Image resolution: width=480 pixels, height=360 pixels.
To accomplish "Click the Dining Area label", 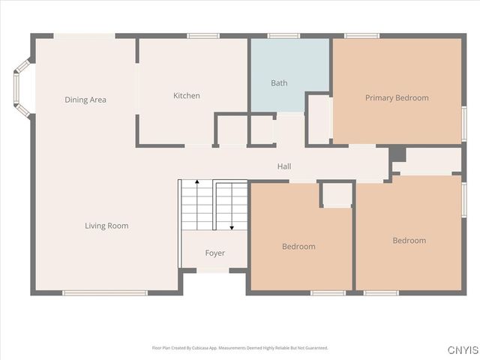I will pos(85,100).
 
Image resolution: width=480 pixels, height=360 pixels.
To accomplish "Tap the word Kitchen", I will pos(187,95).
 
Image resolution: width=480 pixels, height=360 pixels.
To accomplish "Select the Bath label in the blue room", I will pos(279,83).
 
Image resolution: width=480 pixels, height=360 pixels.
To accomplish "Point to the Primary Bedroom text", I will pos(397,97).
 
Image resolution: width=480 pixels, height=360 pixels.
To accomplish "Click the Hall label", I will pos(284,166).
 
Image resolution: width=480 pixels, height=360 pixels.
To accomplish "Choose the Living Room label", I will pos(106,226).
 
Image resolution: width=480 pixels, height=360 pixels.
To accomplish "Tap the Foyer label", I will pos(215,253).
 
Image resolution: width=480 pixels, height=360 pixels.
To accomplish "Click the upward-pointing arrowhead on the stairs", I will pos(196,182).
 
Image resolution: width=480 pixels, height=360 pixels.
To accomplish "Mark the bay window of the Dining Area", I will pos(22,88).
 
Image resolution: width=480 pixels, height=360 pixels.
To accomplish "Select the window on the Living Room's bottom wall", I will pos(105,292).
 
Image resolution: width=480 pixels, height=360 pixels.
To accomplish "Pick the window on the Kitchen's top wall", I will pos(202,35).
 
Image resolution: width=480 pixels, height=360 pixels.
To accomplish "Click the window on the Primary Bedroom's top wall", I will pos(361,35).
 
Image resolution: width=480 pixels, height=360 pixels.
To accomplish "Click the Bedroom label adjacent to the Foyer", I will pos(298,246).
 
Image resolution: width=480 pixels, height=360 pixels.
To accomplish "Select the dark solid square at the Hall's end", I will pos(397,154).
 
